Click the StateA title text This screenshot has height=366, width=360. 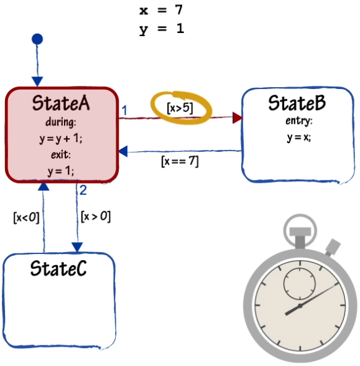pos(61,103)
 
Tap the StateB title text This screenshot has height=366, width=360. pos(297,103)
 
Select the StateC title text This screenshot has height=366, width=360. pos(58,268)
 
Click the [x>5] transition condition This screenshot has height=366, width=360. pos(180,108)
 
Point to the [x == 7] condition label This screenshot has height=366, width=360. pos(180,161)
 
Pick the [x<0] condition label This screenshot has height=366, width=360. pos(26,218)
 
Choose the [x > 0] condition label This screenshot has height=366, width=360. pos(96,217)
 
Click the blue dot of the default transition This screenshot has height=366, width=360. pos(37,39)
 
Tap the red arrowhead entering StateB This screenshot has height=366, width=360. pos(238,118)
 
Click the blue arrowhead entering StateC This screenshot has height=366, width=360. pos(77,247)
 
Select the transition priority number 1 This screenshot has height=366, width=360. pos(124,110)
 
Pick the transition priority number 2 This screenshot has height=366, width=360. pos(83,190)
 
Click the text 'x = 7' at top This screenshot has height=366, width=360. pos(161,10)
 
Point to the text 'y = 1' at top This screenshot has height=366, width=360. pos(162,29)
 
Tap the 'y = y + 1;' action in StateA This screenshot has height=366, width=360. pos(61,139)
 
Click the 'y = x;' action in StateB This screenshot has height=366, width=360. pos(299,137)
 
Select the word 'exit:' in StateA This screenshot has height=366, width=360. pos(61,154)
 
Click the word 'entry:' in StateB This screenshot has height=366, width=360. pos(299,121)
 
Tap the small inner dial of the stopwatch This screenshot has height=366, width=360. pos(300,284)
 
